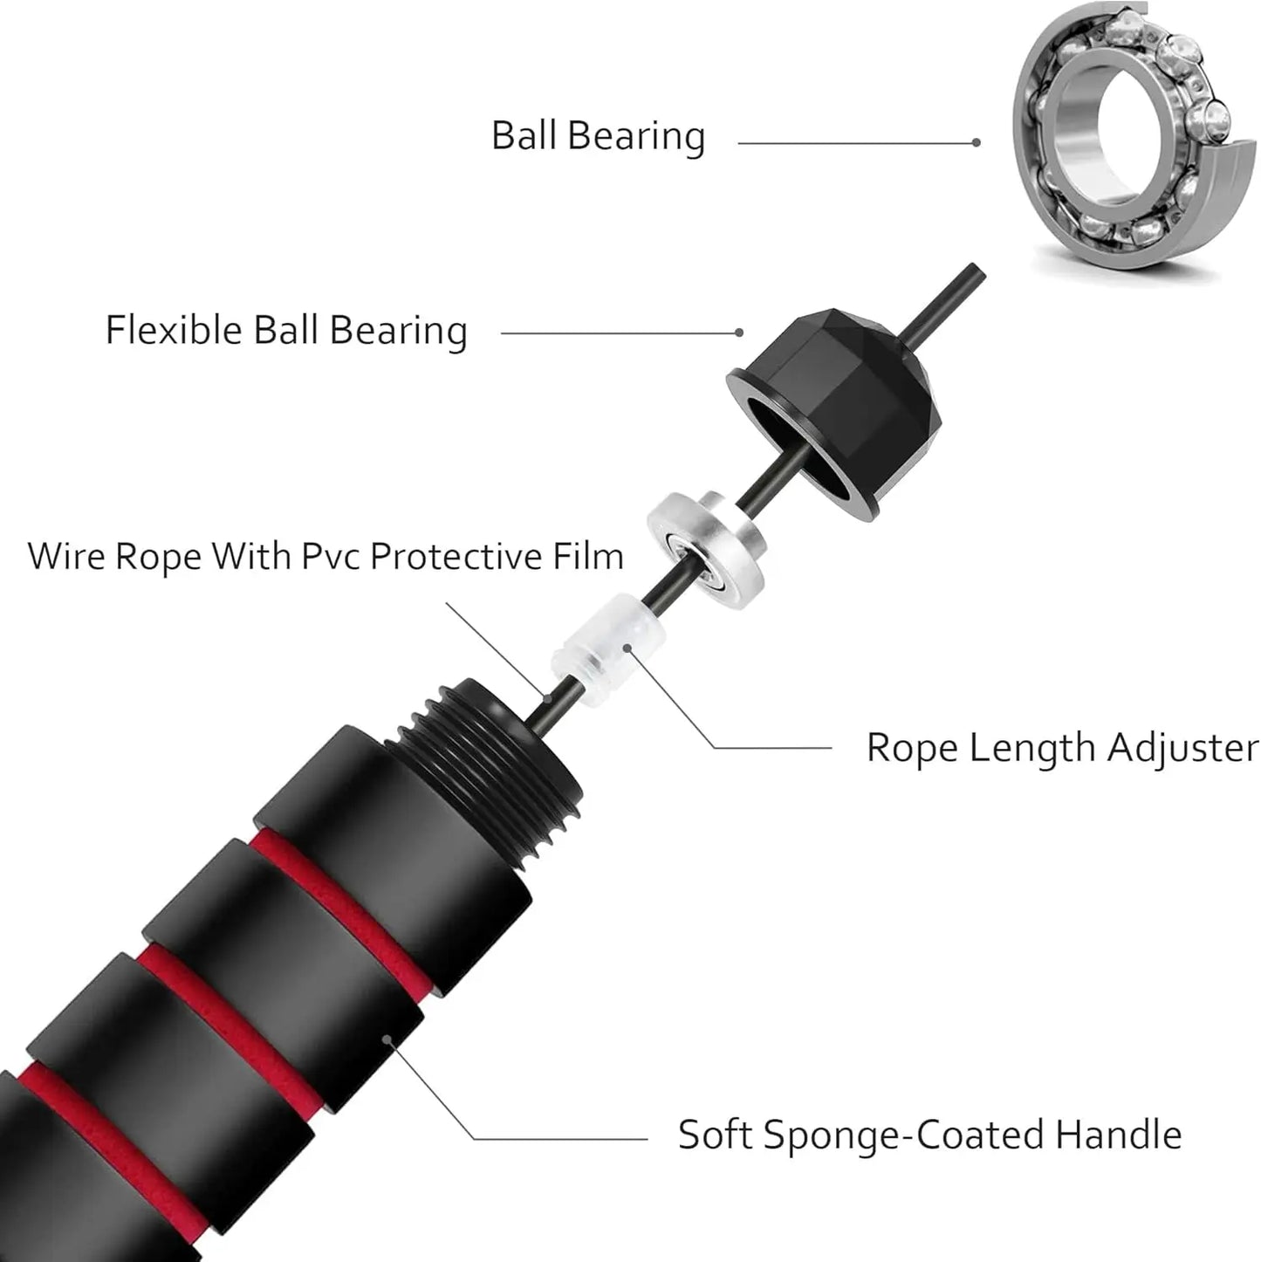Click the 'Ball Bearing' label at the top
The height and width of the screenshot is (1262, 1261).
(598, 137)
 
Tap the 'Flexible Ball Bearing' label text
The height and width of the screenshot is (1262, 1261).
(286, 332)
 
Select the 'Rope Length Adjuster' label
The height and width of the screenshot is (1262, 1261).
(1062, 749)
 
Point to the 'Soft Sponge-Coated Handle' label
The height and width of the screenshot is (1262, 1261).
(929, 1135)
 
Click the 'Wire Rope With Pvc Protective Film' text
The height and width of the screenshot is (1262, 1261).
(326, 557)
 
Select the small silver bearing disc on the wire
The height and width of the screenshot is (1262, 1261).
(703, 540)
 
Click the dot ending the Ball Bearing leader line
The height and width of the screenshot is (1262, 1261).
(977, 142)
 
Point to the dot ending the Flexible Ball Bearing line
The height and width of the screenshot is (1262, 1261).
(739, 333)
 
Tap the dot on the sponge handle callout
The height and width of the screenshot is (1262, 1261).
(387, 1039)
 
